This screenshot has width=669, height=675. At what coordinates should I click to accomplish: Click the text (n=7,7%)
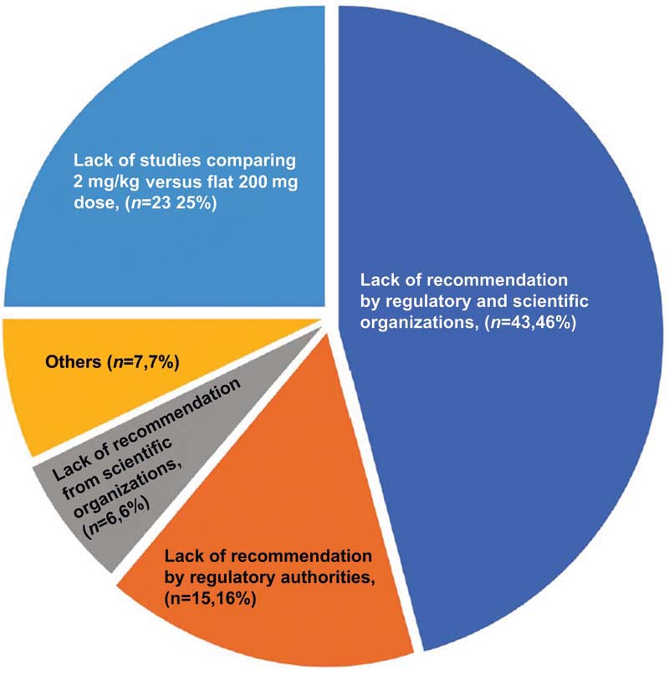(x=150, y=364)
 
